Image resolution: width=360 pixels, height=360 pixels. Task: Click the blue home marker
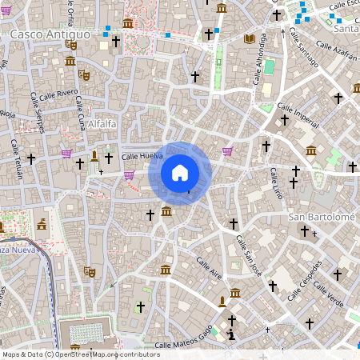click(180, 172)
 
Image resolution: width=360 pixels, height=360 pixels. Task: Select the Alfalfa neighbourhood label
click(102, 124)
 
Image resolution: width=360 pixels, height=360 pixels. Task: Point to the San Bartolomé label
click(320, 217)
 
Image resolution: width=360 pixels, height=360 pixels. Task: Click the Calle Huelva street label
click(142, 157)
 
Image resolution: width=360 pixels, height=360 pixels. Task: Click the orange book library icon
click(249, 38)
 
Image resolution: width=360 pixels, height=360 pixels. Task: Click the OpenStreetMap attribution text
click(80, 354)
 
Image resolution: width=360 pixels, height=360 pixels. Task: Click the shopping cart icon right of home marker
click(228, 150)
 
